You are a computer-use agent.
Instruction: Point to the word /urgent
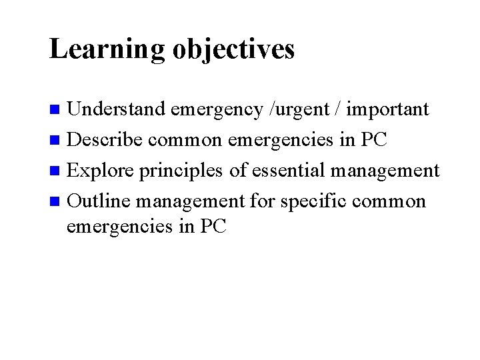(x=293, y=109)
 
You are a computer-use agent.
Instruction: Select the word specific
(x=318, y=200)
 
